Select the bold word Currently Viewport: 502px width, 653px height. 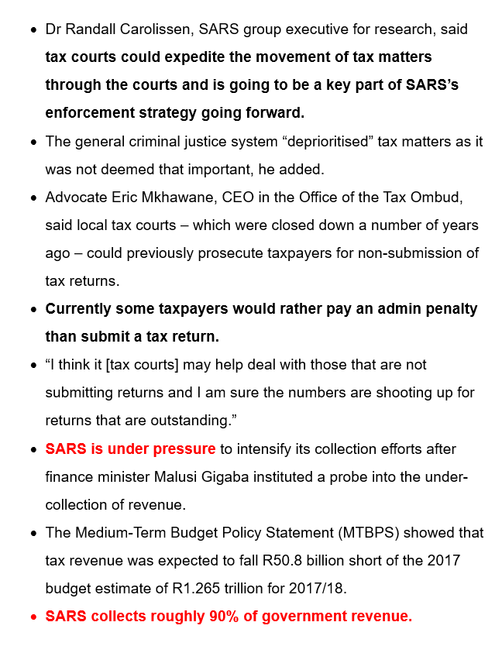(81, 308)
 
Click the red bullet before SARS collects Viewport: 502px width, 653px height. (33, 617)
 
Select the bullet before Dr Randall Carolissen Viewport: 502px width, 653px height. (33, 30)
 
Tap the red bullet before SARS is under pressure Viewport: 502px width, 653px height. (33, 449)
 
